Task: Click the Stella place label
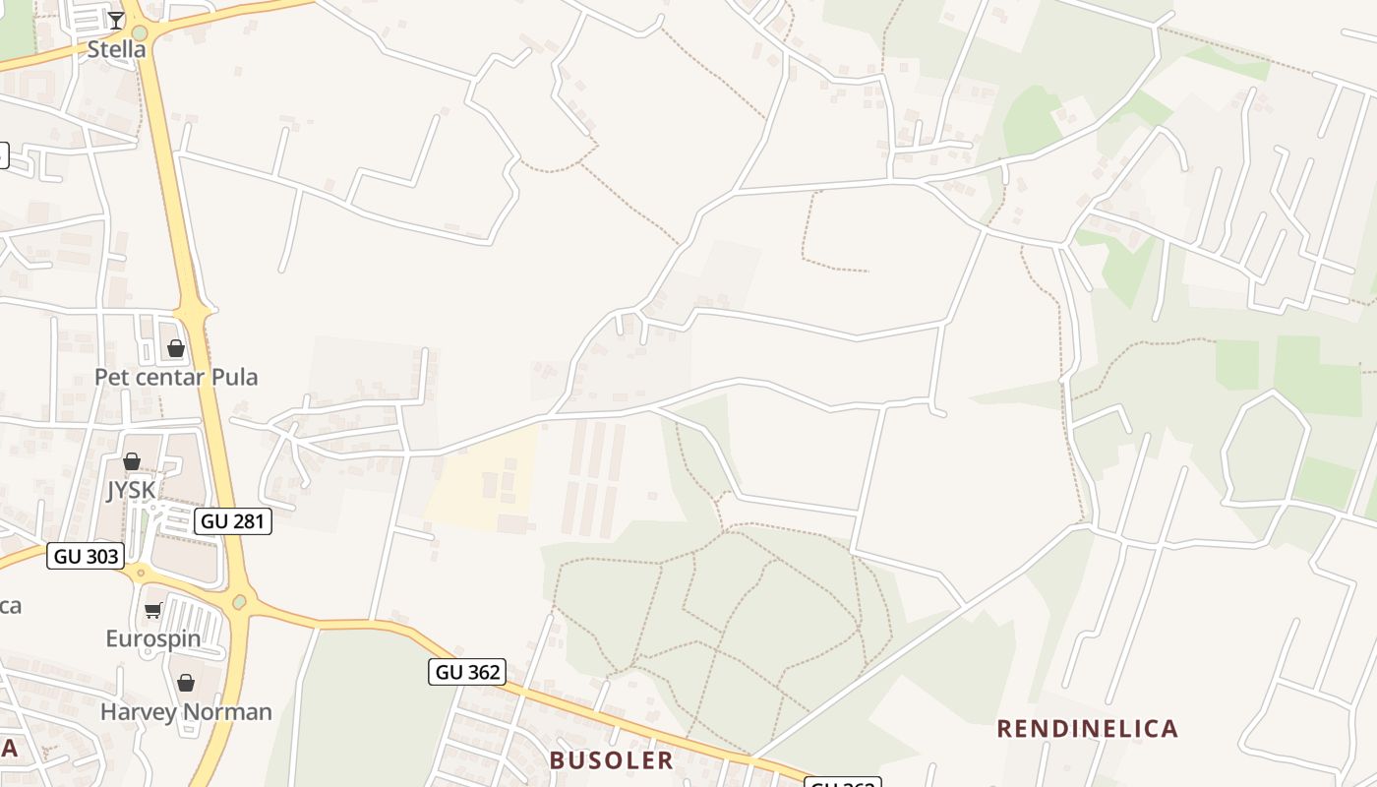116,48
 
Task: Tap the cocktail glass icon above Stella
116,20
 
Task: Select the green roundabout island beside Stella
139,49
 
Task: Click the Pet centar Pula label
176,377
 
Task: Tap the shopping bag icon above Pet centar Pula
176,348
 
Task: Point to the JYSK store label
131,490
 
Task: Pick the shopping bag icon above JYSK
131,461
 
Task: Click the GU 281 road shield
233,521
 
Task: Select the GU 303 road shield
86,556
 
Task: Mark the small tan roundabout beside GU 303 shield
141,572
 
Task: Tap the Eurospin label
153,638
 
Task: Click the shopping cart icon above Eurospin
153,611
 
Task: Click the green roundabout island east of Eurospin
239,600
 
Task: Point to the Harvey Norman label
186,711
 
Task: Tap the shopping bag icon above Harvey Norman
186,683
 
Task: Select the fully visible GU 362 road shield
467,672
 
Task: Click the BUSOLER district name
611,759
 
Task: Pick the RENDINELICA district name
1087,728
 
